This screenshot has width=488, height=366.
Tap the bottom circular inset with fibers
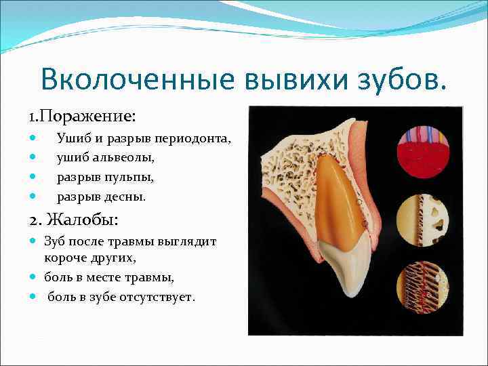click(x=421, y=285)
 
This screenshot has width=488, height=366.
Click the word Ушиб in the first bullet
click(x=71, y=139)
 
